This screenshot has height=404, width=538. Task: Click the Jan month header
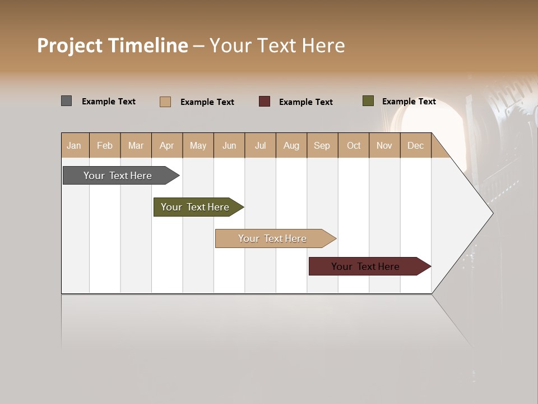click(74, 145)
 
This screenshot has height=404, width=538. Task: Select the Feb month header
click(105, 145)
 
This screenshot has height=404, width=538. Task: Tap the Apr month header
click(167, 145)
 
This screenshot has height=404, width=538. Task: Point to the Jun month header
click(229, 145)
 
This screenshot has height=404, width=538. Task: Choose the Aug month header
click(291, 145)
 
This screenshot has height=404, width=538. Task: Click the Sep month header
click(322, 145)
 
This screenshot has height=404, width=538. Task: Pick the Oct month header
click(354, 145)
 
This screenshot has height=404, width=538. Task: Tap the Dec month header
click(416, 145)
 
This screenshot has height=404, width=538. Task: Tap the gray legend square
click(67, 101)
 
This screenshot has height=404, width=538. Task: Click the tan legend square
click(165, 102)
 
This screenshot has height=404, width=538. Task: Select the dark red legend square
click(265, 101)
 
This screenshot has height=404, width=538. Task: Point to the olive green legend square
click(368, 101)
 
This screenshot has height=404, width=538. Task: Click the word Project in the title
click(70, 46)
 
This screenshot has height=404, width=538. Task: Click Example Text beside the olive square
click(409, 102)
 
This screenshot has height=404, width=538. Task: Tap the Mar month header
click(136, 145)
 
